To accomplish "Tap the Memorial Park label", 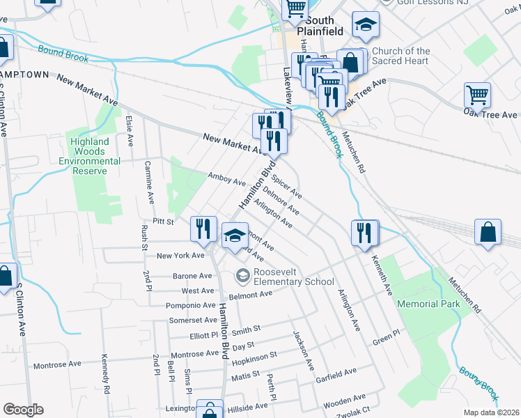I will click(x=428, y=304).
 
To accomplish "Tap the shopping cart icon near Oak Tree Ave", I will click(x=477, y=95).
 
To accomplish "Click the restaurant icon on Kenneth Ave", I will click(x=364, y=233).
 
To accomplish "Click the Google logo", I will click(x=23, y=410).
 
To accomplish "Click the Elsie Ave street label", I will click(x=130, y=130).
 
